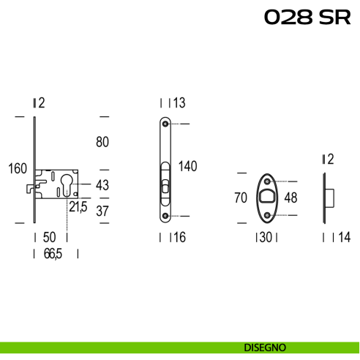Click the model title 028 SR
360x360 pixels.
point(307,17)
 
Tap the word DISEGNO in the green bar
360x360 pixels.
point(265,348)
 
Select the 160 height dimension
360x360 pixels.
point(18,168)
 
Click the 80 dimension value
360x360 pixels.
point(102,142)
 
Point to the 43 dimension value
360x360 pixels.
point(102,185)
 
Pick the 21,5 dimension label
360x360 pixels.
point(78,207)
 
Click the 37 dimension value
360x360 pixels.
point(102,211)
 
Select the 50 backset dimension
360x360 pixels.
point(50,237)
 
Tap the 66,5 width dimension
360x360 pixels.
point(53,254)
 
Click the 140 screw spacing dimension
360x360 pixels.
point(188,166)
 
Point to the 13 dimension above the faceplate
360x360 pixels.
point(179,102)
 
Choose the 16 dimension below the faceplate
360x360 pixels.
point(179,237)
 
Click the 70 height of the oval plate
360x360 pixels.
point(241,198)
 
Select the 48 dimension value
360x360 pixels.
point(290,198)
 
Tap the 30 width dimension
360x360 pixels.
point(266,237)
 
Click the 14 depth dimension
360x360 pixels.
point(345,237)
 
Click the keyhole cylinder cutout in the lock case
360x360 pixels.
point(67,184)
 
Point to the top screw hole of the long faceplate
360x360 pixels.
point(165,124)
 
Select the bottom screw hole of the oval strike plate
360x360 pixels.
point(267,215)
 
